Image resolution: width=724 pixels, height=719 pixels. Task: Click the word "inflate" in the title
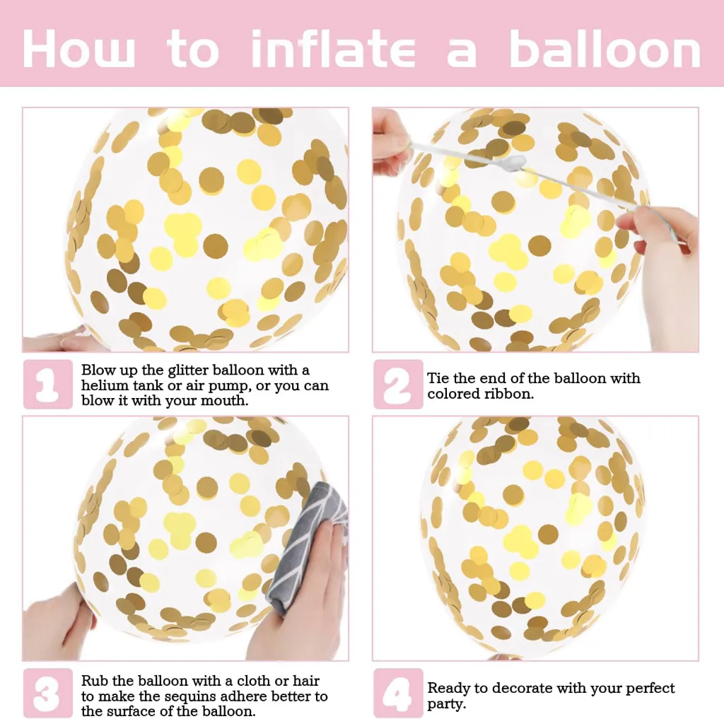pyautogui.click(x=333, y=48)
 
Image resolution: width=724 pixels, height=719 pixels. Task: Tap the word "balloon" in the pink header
pyautogui.click(x=605, y=48)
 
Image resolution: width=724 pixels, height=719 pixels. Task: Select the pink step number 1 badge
pyautogui.click(x=48, y=384)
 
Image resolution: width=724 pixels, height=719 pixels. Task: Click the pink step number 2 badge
pyautogui.click(x=398, y=384)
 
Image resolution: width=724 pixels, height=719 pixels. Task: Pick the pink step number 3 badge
pyautogui.click(x=48, y=693)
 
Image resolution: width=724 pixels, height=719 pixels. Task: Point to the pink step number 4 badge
pyautogui.click(x=398, y=693)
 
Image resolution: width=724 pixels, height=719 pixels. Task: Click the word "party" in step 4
pyautogui.click(x=446, y=704)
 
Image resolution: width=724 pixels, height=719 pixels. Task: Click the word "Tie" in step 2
pyautogui.click(x=438, y=378)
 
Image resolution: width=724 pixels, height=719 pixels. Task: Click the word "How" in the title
pyautogui.click(x=79, y=49)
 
